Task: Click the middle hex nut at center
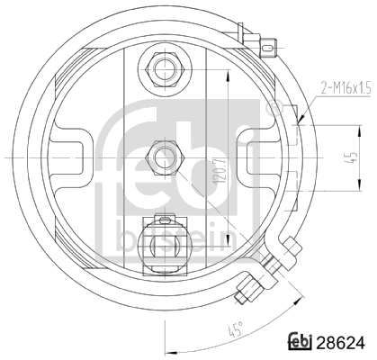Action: [x=165, y=157]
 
